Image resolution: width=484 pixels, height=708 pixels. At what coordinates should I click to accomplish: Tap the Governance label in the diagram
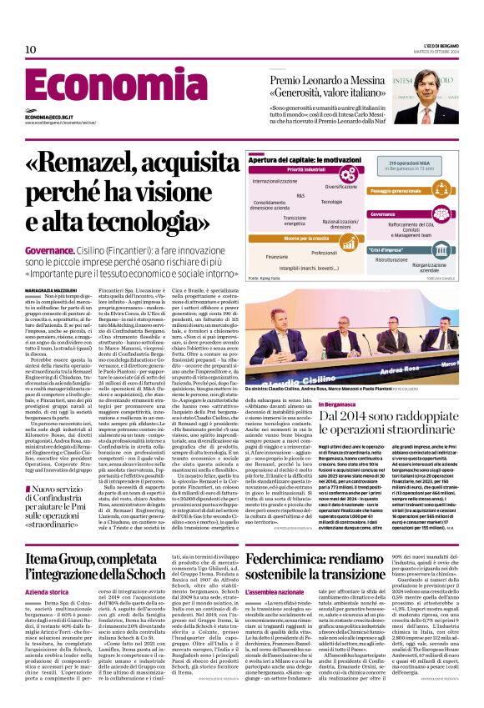(x=384, y=213)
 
